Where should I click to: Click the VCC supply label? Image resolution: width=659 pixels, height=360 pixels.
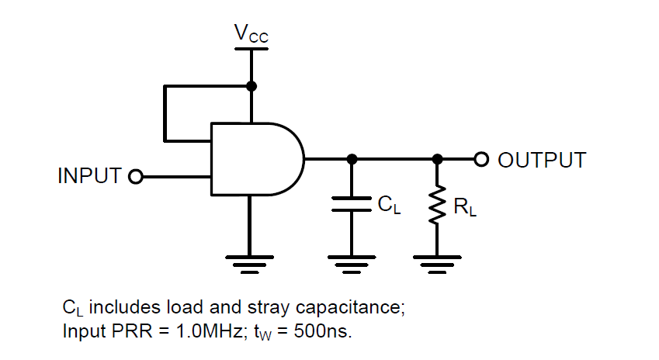click(x=251, y=33)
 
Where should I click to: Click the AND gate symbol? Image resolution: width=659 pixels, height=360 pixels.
click(x=256, y=159)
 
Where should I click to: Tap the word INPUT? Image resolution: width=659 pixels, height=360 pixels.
click(x=90, y=176)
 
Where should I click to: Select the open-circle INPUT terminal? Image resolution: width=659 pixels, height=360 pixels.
click(x=136, y=177)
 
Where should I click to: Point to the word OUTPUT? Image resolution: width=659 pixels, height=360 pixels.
click(x=541, y=161)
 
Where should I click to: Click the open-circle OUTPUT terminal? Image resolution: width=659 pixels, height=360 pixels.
click(x=481, y=159)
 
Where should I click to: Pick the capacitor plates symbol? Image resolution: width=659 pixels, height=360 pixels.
click(x=351, y=204)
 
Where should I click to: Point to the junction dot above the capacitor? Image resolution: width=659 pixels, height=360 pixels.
click(x=352, y=159)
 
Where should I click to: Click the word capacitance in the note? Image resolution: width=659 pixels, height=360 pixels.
click(x=353, y=307)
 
